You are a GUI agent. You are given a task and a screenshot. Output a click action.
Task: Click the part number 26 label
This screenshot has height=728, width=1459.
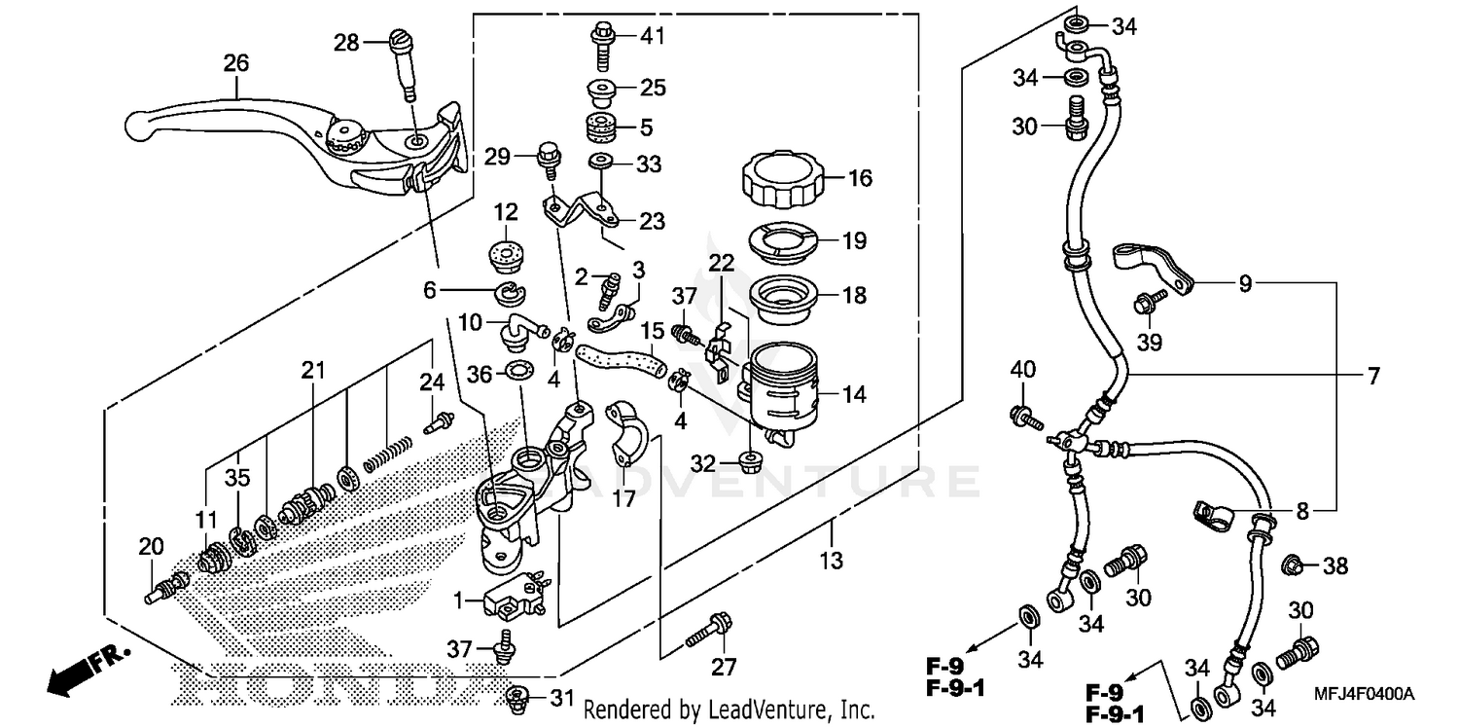[236, 63]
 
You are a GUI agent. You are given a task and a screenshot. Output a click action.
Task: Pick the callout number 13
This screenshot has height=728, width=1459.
[832, 561]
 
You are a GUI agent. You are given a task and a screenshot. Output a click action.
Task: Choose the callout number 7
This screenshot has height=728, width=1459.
[1373, 376]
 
